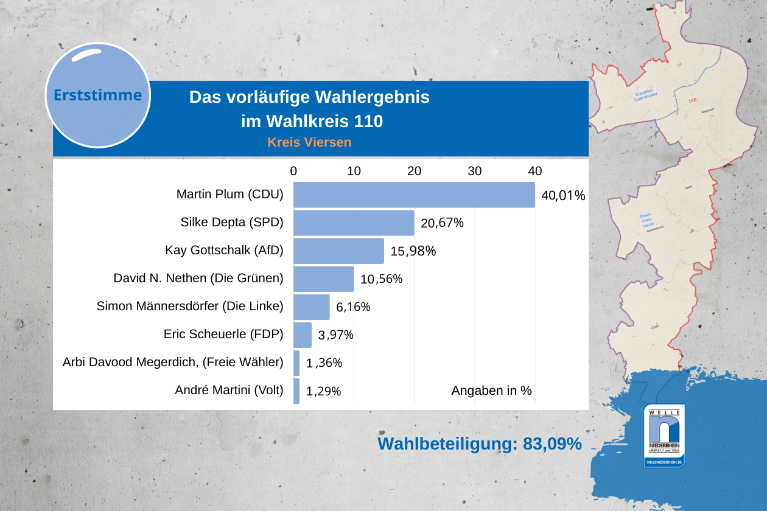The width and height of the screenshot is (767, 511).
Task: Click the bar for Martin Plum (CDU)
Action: pos(414,195)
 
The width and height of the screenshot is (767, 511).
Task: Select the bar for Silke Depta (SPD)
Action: pos(354,223)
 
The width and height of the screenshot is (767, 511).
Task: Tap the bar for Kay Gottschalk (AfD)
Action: pos(338,251)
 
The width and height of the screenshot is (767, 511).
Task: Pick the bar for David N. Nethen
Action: pos(323,279)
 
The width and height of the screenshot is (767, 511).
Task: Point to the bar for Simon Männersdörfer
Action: pos(312,307)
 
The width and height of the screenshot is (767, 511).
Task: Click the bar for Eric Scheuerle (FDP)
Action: pos(303,335)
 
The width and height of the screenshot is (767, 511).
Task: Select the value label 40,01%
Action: pos(563,196)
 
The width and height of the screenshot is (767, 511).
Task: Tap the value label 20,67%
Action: pos(442,223)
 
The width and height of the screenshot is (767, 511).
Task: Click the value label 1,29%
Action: pos(323,392)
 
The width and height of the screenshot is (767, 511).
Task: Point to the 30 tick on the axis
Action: pos(475,172)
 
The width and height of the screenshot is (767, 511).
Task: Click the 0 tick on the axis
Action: pos(293,172)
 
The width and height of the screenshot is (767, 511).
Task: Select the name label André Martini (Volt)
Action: pos(229,391)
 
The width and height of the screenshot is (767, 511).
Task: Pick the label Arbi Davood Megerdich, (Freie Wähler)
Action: pos(173,363)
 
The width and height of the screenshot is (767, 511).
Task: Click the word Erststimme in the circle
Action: pos(98,96)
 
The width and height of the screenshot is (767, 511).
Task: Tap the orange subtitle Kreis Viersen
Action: pos(309,142)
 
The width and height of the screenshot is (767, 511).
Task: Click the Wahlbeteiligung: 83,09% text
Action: pos(480,444)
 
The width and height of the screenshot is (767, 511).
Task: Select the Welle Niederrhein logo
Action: pos(664,436)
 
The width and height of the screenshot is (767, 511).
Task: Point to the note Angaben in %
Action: pos(491,391)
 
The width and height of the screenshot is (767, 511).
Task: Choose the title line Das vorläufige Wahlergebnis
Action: pos(309,97)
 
